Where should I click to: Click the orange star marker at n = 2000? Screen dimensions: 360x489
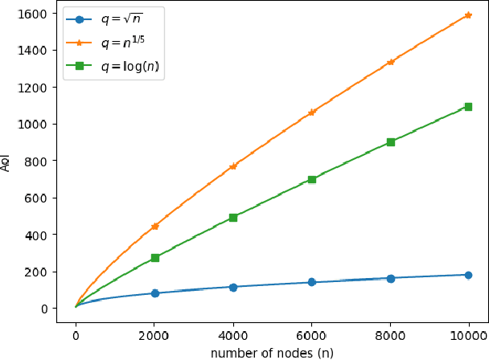click(155, 227)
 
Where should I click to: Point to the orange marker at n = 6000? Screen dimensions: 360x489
click(312, 112)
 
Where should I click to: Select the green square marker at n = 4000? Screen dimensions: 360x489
click(233, 218)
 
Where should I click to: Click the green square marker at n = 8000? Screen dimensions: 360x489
click(391, 142)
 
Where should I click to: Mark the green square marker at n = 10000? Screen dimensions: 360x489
click(468, 107)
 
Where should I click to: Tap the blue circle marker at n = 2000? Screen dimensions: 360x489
click(155, 293)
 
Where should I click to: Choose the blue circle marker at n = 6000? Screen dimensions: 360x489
click(312, 282)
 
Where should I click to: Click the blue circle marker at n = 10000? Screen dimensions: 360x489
click(468, 275)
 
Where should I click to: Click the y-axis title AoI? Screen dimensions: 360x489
click(7, 162)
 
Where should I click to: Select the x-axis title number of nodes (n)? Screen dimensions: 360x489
click(272, 352)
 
